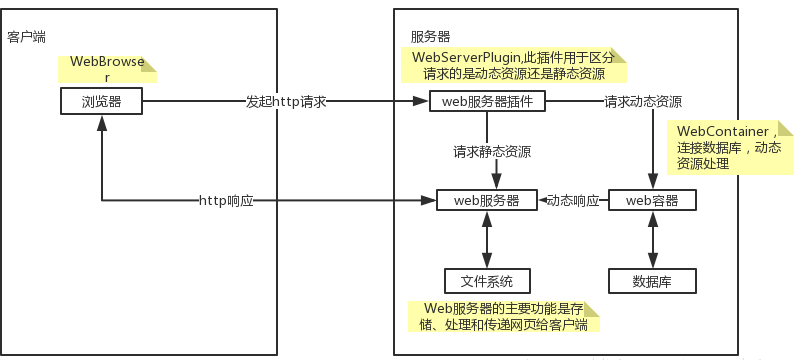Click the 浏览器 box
(101, 101)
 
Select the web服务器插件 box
(487, 101)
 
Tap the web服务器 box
(487, 200)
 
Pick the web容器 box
(652, 200)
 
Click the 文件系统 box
(487, 281)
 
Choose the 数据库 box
(652, 281)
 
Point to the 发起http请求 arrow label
(287, 102)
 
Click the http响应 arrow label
(226, 201)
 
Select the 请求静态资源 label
(491, 152)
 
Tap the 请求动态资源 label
(643, 102)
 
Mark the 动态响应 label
(573, 201)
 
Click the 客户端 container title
(26, 37)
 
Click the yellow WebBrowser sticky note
(107, 69)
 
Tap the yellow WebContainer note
(727, 147)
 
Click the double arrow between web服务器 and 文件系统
(487, 240)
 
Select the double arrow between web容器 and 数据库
(652, 240)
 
